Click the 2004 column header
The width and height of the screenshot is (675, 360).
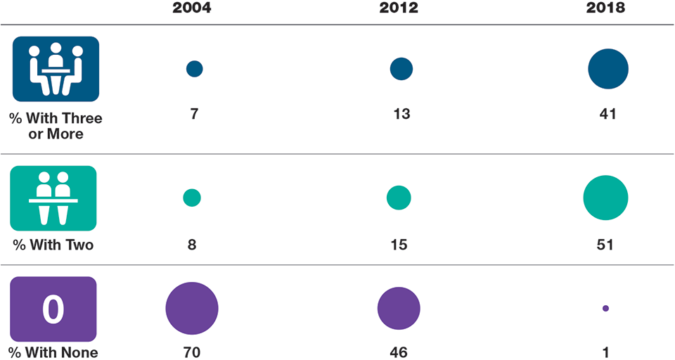[x=192, y=8]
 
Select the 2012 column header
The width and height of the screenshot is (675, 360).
[x=399, y=8]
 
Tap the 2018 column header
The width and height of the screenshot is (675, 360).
[x=606, y=8]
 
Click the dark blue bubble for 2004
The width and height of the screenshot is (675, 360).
[x=195, y=68]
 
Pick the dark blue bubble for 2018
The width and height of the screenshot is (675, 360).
[x=608, y=69]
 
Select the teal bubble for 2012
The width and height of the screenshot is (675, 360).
[x=399, y=198]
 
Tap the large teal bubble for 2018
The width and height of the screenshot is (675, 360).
[x=605, y=198]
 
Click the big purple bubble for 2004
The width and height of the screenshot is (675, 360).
[x=192, y=308]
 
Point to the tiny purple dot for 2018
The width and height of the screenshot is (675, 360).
[x=605, y=308]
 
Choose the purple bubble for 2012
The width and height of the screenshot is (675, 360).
[x=399, y=308]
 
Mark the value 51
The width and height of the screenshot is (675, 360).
[x=605, y=245]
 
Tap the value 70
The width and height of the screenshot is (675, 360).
[x=192, y=352]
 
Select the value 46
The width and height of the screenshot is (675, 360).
[x=398, y=352]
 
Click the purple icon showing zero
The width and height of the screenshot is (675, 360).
[x=53, y=309]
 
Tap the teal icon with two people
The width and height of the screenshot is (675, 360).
[x=53, y=198]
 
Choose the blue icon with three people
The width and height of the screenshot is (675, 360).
[x=56, y=69]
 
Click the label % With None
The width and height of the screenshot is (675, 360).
[x=53, y=352]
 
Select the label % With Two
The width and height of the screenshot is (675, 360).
[x=53, y=245]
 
